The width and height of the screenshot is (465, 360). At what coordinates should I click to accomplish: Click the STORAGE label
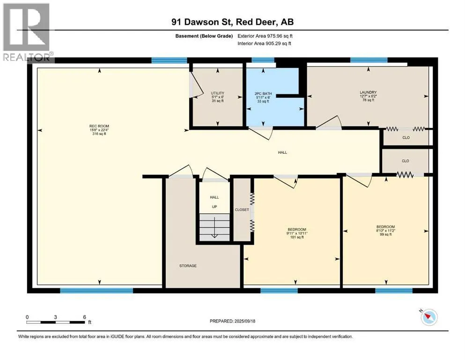coord(188,266)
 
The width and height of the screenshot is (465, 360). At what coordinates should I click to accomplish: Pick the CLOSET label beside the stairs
coord(242,210)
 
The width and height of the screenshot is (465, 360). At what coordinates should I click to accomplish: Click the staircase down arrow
coord(214,228)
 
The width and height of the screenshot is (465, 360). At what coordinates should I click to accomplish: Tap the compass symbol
coord(429,317)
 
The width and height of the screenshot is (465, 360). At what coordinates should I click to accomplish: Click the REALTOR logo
coord(28,32)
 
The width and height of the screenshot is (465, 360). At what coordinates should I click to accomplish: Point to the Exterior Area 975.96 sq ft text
coord(265,36)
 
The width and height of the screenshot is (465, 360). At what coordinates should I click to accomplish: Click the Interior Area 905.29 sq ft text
coord(264,43)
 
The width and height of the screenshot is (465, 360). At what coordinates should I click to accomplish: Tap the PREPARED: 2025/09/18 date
coord(232,321)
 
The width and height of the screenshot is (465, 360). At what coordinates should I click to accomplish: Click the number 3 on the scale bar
coord(55,317)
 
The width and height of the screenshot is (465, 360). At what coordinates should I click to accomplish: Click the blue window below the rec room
coord(96,291)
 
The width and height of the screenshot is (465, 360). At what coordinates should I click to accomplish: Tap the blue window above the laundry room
coord(369,60)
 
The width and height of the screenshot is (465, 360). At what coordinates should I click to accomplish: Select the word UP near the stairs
coord(214,207)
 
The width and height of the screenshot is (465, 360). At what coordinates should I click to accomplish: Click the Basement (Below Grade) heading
coord(204,36)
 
